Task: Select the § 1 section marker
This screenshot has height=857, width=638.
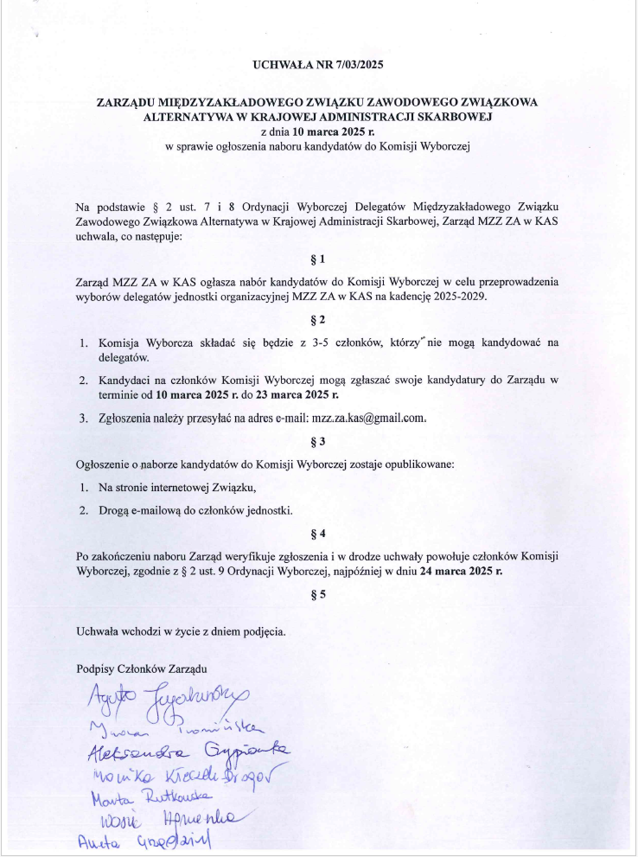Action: [x=318, y=259]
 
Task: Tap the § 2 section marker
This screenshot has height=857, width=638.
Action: [x=318, y=320]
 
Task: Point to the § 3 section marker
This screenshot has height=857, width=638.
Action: [x=318, y=442]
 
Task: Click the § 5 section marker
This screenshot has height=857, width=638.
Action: [x=318, y=594]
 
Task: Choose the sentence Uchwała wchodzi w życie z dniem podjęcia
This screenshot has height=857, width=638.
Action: [x=181, y=630]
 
